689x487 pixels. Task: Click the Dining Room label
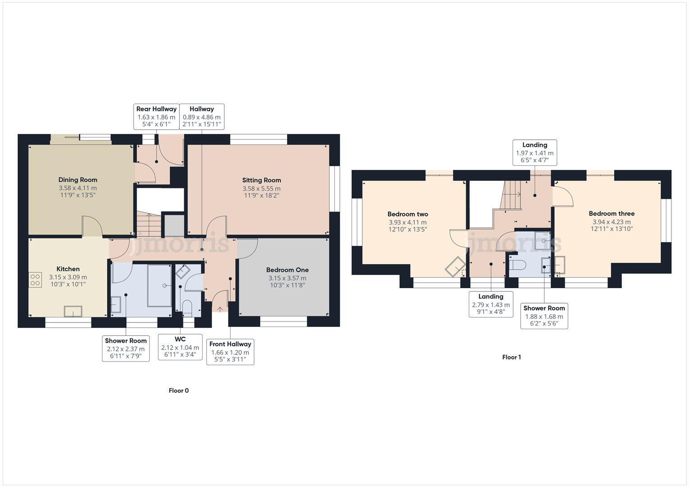78,179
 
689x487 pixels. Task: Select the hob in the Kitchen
35,280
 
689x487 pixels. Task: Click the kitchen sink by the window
73,311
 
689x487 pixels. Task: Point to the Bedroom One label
287,270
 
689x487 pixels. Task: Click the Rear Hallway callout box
157,117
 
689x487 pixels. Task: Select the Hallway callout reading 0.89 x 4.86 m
202,117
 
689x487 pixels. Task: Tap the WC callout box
180,347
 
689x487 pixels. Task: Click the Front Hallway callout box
230,352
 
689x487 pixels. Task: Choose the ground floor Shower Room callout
126,349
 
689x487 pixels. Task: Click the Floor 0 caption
179,391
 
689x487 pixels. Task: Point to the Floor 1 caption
512,357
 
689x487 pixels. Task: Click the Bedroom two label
407,214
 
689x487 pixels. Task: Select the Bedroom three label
611,214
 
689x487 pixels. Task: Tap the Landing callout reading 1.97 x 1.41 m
535,153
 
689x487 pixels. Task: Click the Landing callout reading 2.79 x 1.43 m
490,304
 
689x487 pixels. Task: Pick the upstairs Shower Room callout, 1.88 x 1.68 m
544,316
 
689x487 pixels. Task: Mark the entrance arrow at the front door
220,309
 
